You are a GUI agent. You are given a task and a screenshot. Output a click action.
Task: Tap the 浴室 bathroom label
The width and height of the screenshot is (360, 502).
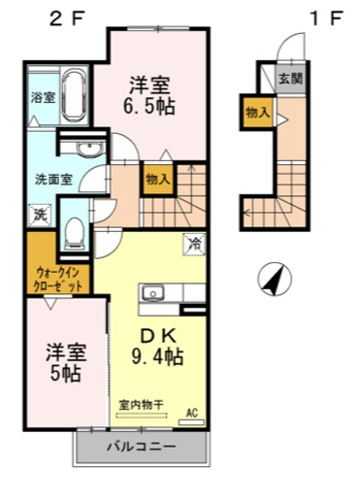click(x=42, y=97)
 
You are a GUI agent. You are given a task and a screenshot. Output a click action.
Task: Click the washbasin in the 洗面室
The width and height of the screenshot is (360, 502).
click(x=88, y=149)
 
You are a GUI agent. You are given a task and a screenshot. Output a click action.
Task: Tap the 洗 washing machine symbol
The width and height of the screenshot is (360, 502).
click(x=40, y=215)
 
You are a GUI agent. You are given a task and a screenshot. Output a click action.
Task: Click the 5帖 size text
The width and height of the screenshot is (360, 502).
click(x=67, y=373)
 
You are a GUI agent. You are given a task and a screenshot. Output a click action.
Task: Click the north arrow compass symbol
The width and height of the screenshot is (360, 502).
click(x=275, y=282)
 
